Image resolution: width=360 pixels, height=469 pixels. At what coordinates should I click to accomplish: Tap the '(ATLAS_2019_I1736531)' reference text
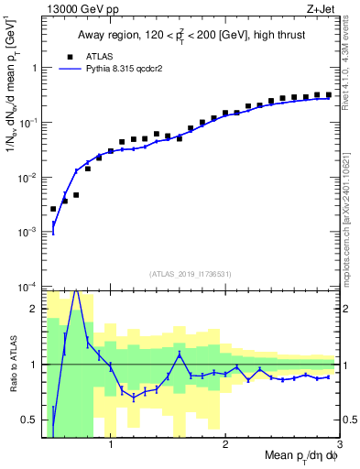tap(191, 274)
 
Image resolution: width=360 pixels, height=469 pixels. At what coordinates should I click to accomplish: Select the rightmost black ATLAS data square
tap(329, 94)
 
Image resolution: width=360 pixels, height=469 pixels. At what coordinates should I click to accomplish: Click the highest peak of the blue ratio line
tap(76, 292)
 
